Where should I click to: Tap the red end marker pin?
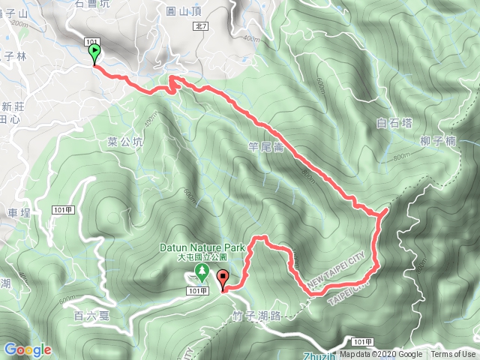pos(223,282)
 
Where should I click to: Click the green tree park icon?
pos(201,271)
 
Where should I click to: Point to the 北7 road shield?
pos(200,25)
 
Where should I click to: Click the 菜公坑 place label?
pos(124,141)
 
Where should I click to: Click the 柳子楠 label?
pos(439,140)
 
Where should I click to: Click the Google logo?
pos(28,350)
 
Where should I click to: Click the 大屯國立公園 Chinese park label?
pos(202,257)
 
